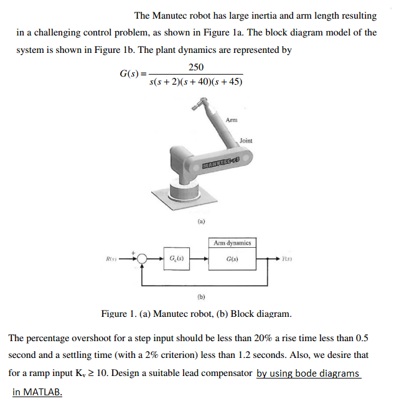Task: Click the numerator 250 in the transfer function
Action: pyautogui.click(x=195, y=67)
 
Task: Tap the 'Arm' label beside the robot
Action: pyautogui.click(x=231, y=120)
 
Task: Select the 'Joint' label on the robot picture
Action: pyautogui.click(x=246, y=141)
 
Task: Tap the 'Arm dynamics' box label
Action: pyautogui.click(x=232, y=243)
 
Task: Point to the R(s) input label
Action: pyautogui.click(x=110, y=257)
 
